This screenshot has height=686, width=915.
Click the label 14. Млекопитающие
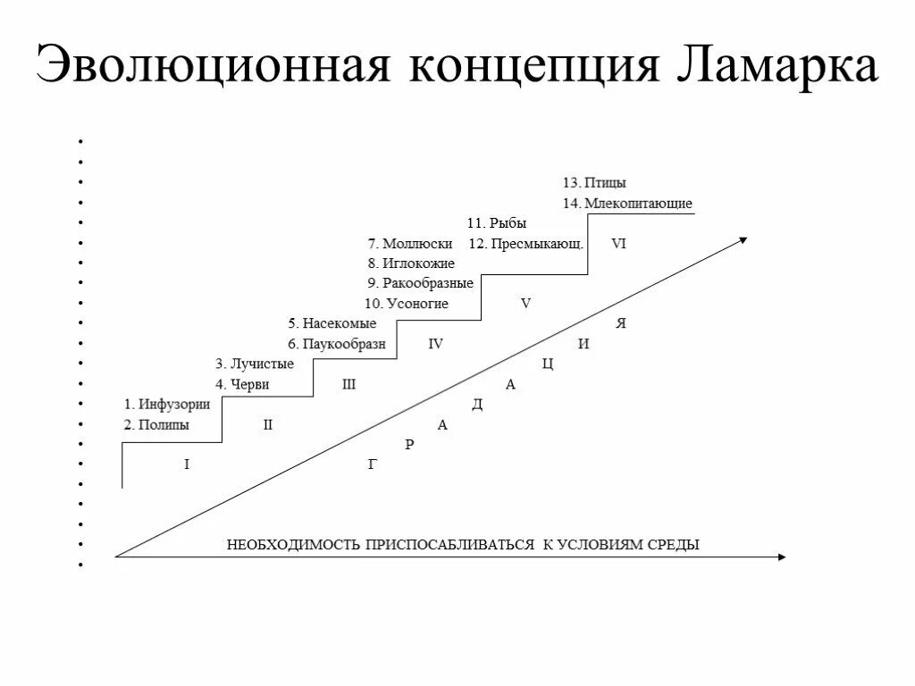627,204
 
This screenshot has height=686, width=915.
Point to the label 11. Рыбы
497,223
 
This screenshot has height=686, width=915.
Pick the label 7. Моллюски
410,244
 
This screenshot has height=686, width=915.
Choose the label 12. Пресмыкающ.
526,244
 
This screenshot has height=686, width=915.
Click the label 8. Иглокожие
411,264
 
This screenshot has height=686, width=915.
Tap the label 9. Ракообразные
420,283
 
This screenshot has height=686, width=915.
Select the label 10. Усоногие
407,304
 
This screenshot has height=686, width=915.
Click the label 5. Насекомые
332,323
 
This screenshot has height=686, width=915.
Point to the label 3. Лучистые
254,364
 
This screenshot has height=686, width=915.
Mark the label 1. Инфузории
167,404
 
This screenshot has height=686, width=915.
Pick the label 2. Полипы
156,425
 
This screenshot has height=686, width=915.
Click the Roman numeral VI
618,244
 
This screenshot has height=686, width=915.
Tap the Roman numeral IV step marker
435,344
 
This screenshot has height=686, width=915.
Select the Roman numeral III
348,384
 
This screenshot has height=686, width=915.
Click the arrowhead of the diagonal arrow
743,239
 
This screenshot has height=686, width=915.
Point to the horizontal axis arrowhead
782,557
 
